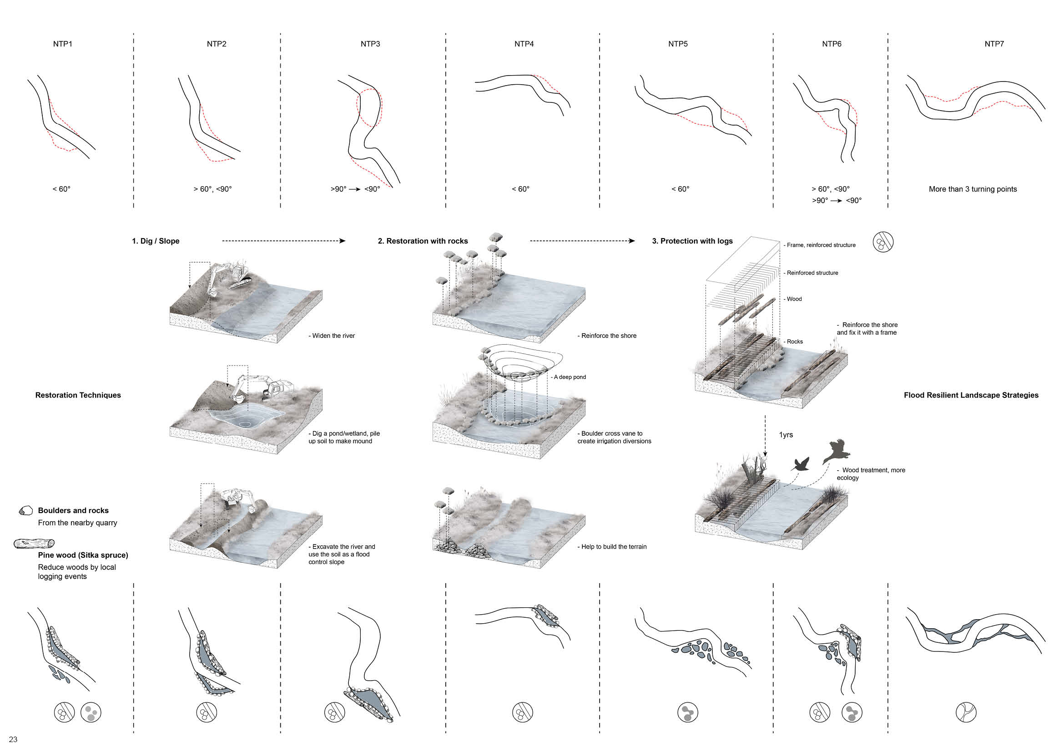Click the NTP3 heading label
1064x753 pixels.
coord(370,44)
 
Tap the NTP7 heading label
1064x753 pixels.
coord(994,44)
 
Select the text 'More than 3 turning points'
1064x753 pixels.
coord(972,189)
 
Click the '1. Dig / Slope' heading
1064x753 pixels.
coord(155,241)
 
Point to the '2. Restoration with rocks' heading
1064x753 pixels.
coord(423,241)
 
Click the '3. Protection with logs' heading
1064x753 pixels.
coord(692,241)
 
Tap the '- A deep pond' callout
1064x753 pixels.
coord(569,377)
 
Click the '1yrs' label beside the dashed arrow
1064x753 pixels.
coord(786,435)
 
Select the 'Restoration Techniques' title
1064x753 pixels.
coord(78,395)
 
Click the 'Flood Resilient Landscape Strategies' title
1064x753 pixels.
coord(971,395)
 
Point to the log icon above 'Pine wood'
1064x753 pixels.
coord(34,543)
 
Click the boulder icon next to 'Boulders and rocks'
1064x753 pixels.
coord(26,510)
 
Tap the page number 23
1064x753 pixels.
coord(13,739)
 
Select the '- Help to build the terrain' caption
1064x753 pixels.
coord(612,547)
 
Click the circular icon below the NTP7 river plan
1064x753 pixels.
coord(966,712)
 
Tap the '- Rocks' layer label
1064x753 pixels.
coord(794,342)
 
